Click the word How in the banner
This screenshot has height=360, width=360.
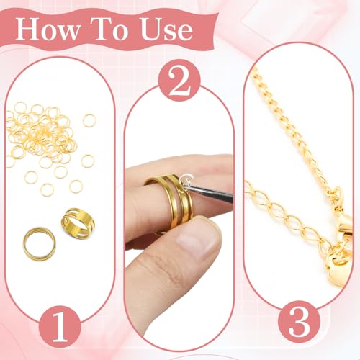[48, 30]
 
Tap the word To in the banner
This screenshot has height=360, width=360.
[111, 30]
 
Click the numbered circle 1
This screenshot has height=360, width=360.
[60, 327]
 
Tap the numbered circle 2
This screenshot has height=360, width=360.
[179, 80]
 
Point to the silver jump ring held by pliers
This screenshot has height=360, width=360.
[186, 180]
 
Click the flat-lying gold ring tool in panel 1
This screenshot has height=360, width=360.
[40, 243]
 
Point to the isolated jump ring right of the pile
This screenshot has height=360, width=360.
[89, 120]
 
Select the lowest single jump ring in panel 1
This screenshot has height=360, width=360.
[47, 189]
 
